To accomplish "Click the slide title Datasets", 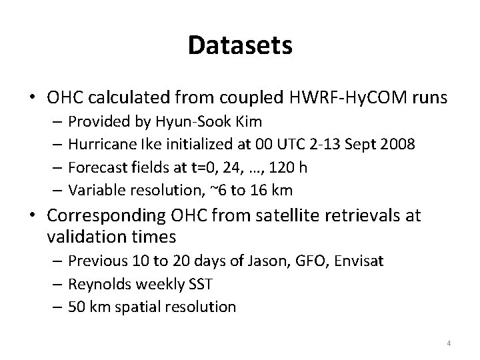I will click(x=240, y=45).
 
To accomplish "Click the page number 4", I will click(x=449, y=343).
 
